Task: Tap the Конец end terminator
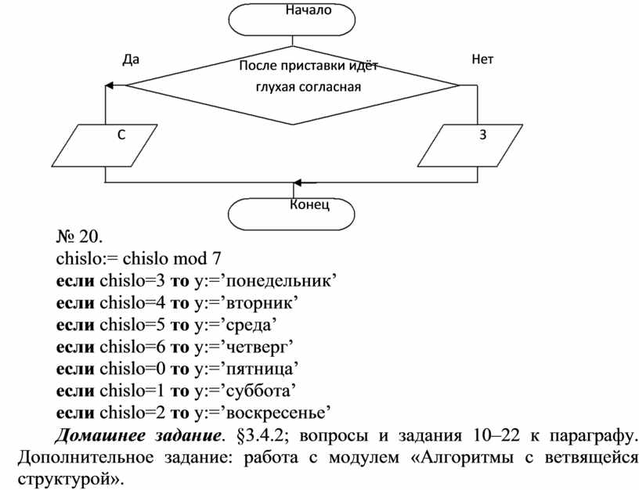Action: (x=291, y=212)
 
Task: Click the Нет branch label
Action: (x=482, y=59)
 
